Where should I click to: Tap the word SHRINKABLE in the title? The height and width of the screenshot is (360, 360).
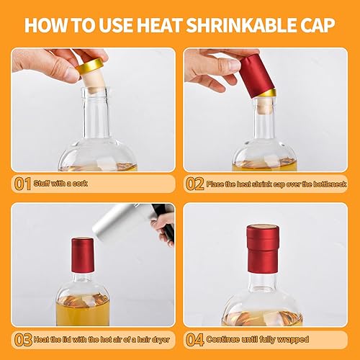point(241,24)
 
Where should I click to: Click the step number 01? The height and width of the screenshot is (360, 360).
point(22,184)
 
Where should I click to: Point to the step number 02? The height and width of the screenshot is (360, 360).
point(195,184)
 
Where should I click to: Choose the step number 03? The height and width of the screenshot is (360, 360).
point(23,340)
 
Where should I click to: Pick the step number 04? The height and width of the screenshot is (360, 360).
point(195,340)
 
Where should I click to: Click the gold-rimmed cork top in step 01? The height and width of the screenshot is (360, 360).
point(90,66)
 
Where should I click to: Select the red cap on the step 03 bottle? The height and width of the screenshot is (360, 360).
point(83,256)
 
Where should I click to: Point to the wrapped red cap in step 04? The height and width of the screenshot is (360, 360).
point(263,249)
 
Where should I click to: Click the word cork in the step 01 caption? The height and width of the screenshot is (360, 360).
point(80,184)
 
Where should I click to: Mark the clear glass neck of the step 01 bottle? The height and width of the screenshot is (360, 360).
point(96,113)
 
